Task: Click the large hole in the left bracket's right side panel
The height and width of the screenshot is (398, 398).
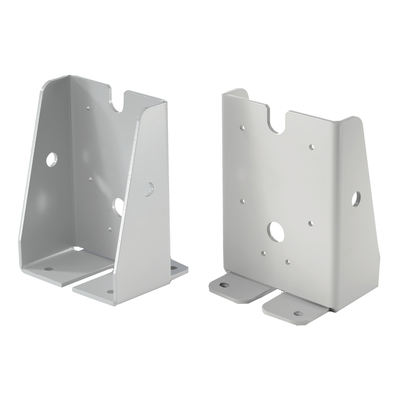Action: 148,189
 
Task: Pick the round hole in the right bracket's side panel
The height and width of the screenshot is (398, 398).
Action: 356,199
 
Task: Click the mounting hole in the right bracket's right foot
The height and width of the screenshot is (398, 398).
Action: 298,313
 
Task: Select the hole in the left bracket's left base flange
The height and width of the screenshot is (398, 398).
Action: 49,269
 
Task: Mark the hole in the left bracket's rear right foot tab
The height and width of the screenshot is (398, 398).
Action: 173,268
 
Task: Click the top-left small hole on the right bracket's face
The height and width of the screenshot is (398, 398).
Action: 242,127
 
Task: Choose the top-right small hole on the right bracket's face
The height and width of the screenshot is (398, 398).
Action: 311,147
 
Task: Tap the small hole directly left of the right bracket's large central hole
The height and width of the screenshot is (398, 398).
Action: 242,201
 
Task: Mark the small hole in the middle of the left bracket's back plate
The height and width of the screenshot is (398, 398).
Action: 90,180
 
